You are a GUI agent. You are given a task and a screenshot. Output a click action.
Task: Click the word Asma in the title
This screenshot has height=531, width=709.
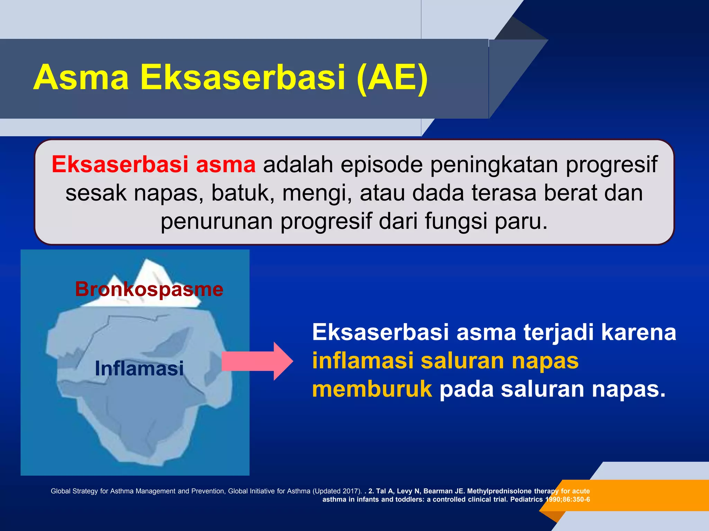coord(81,77)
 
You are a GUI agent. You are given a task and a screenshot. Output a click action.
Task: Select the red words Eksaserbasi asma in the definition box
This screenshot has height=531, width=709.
coord(154,164)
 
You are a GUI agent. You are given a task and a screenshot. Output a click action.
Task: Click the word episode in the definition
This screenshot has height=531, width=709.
coord(382,165)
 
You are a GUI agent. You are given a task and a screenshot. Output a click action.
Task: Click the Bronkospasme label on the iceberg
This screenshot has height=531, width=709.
coord(149,289)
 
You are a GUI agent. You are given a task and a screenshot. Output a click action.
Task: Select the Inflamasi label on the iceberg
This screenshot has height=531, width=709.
coord(139,368)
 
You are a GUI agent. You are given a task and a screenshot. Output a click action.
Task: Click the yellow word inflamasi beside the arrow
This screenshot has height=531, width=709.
coord(363,361)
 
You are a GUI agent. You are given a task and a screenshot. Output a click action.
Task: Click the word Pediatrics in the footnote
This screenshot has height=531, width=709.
coord(526,499)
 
